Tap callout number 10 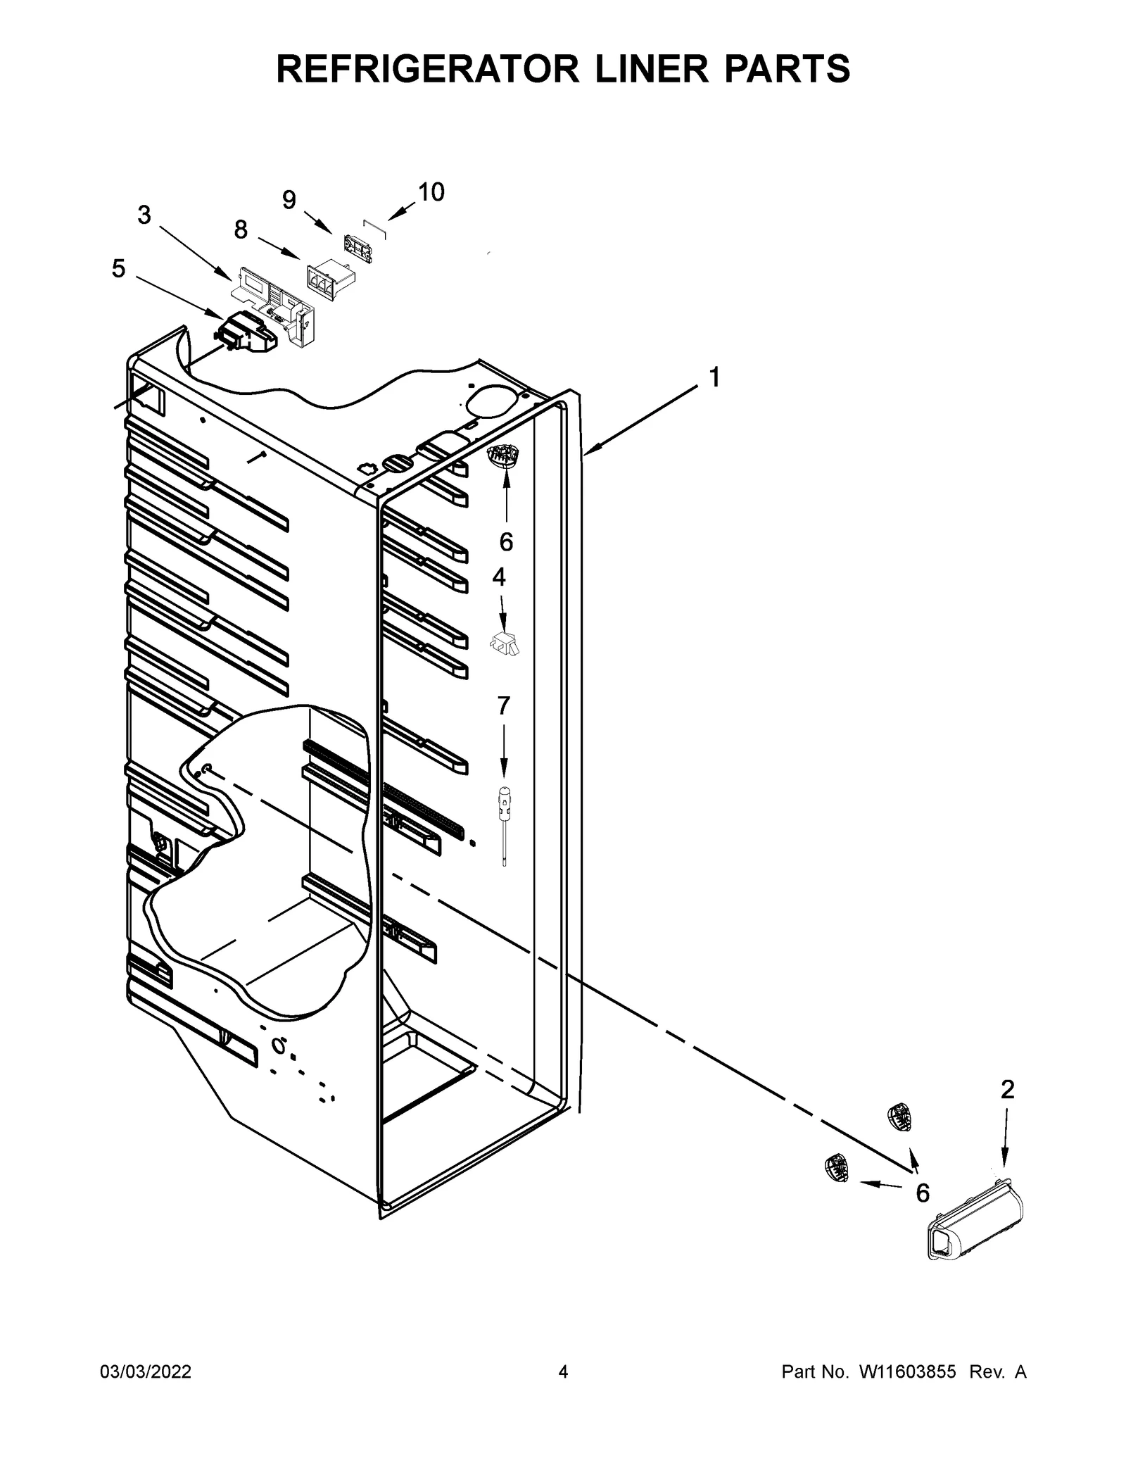[431, 192]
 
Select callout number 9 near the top [289, 201]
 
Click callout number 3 [144, 215]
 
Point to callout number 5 [118, 268]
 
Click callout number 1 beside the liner [714, 378]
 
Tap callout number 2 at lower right [1007, 1090]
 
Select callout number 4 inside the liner [498, 577]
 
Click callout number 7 [503, 705]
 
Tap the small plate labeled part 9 [358, 249]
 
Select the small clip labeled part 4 [505, 643]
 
